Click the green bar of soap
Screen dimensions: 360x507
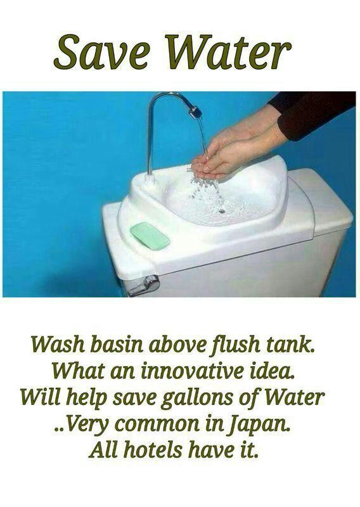[150, 236]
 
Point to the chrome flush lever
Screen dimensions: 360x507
[145, 286]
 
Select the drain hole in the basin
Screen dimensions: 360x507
[222, 211]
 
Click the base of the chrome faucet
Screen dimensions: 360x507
[150, 179]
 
